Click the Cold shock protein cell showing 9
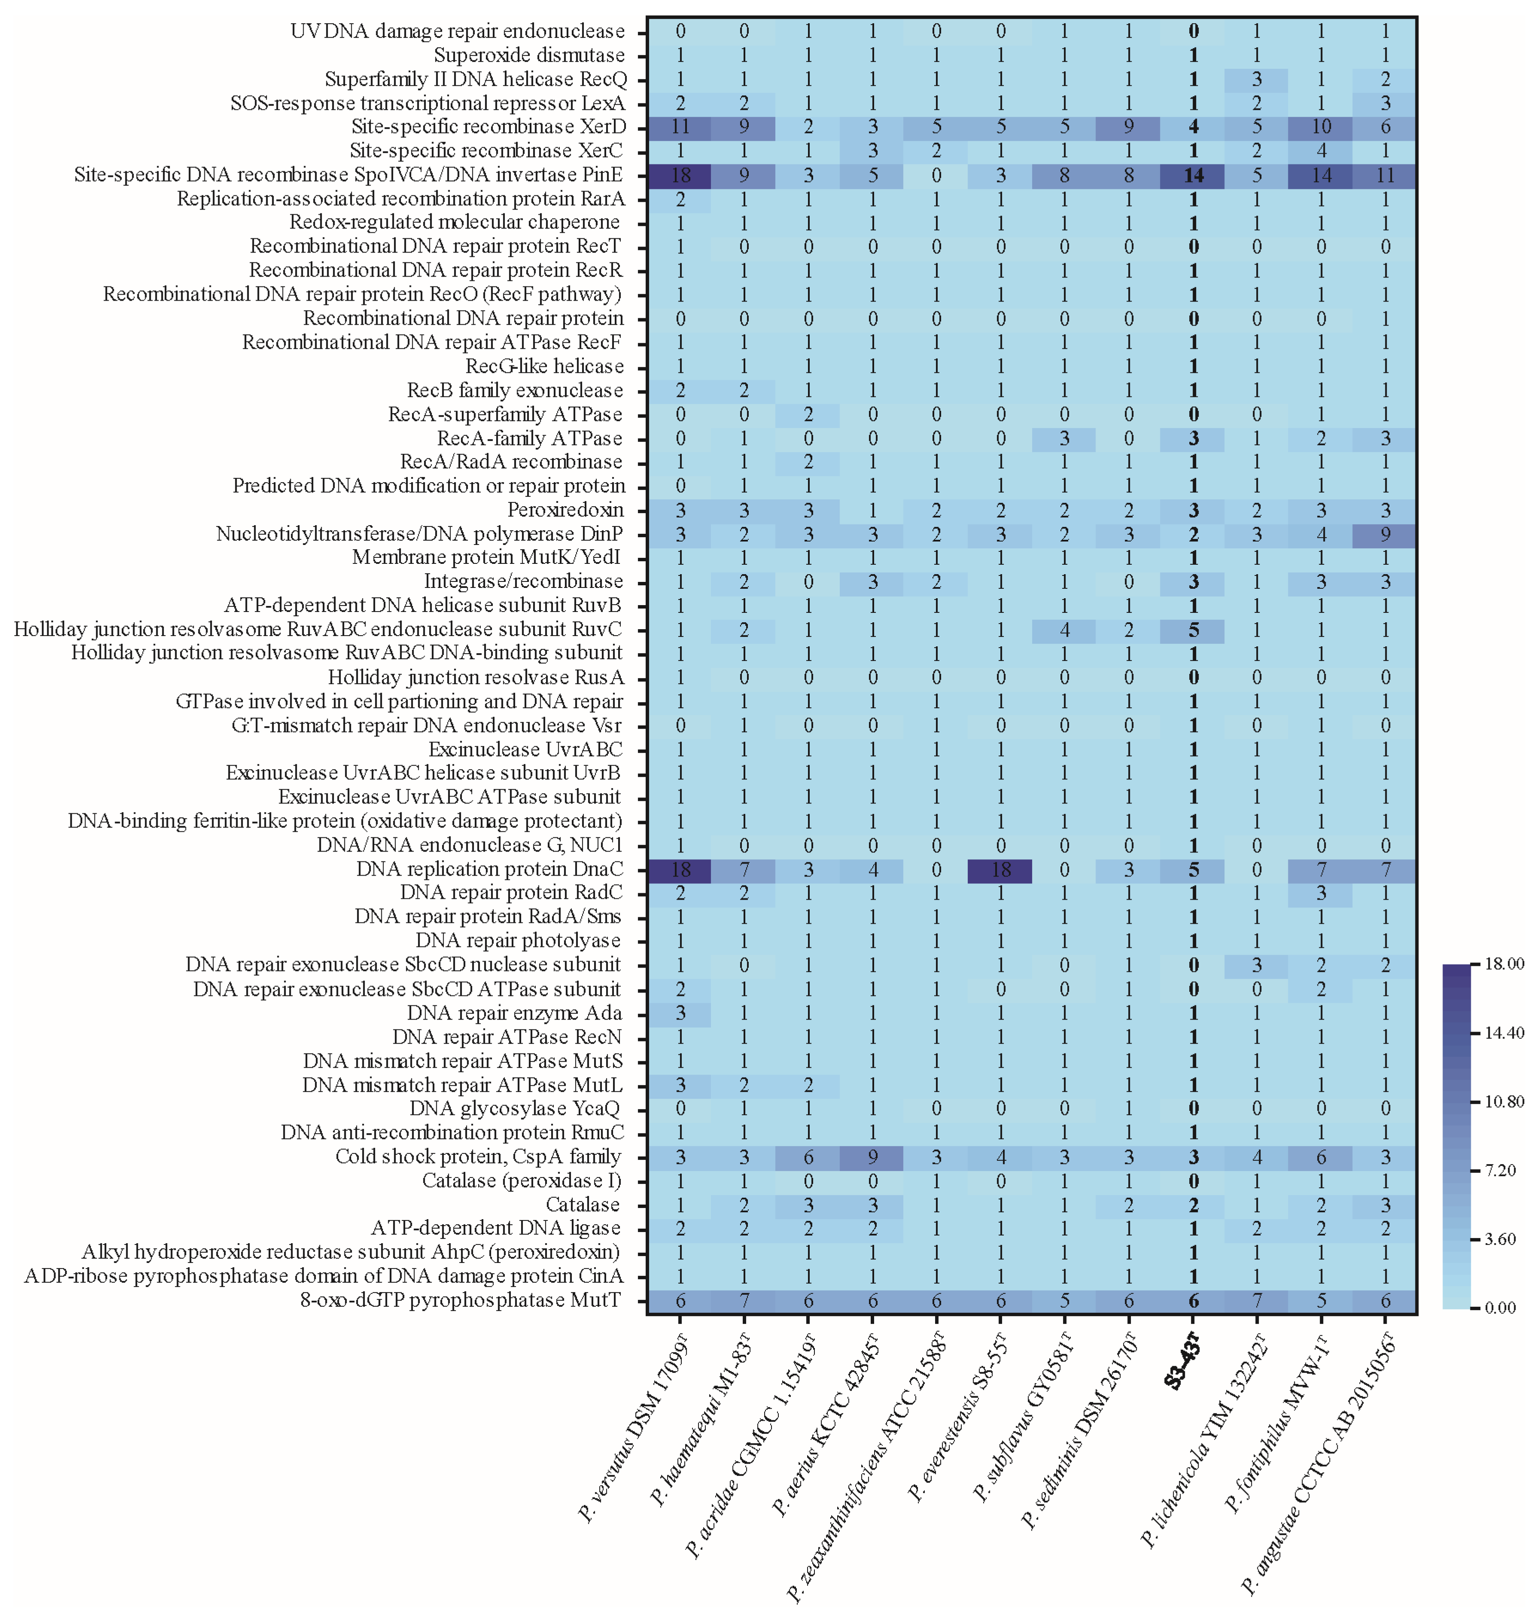[873, 1157]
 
